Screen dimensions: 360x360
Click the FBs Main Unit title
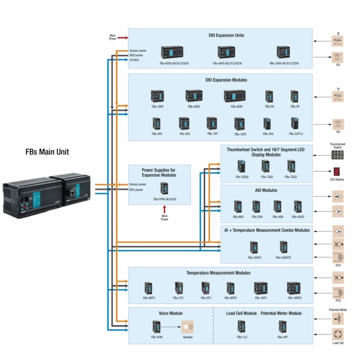pyautogui.click(x=47, y=152)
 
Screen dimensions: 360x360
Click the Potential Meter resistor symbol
pyautogui.click(x=338, y=319)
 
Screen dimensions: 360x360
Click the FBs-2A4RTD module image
pyautogui.click(x=283, y=247)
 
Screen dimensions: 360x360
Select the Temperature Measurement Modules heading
pyautogui.click(x=218, y=273)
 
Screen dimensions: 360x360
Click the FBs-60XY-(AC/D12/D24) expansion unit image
pyautogui.click(x=171, y=53)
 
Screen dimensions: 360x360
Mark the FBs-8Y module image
pyautogui.click(x=295, y=96)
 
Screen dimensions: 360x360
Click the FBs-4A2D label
pyautogui.click(x=297, y=217)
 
